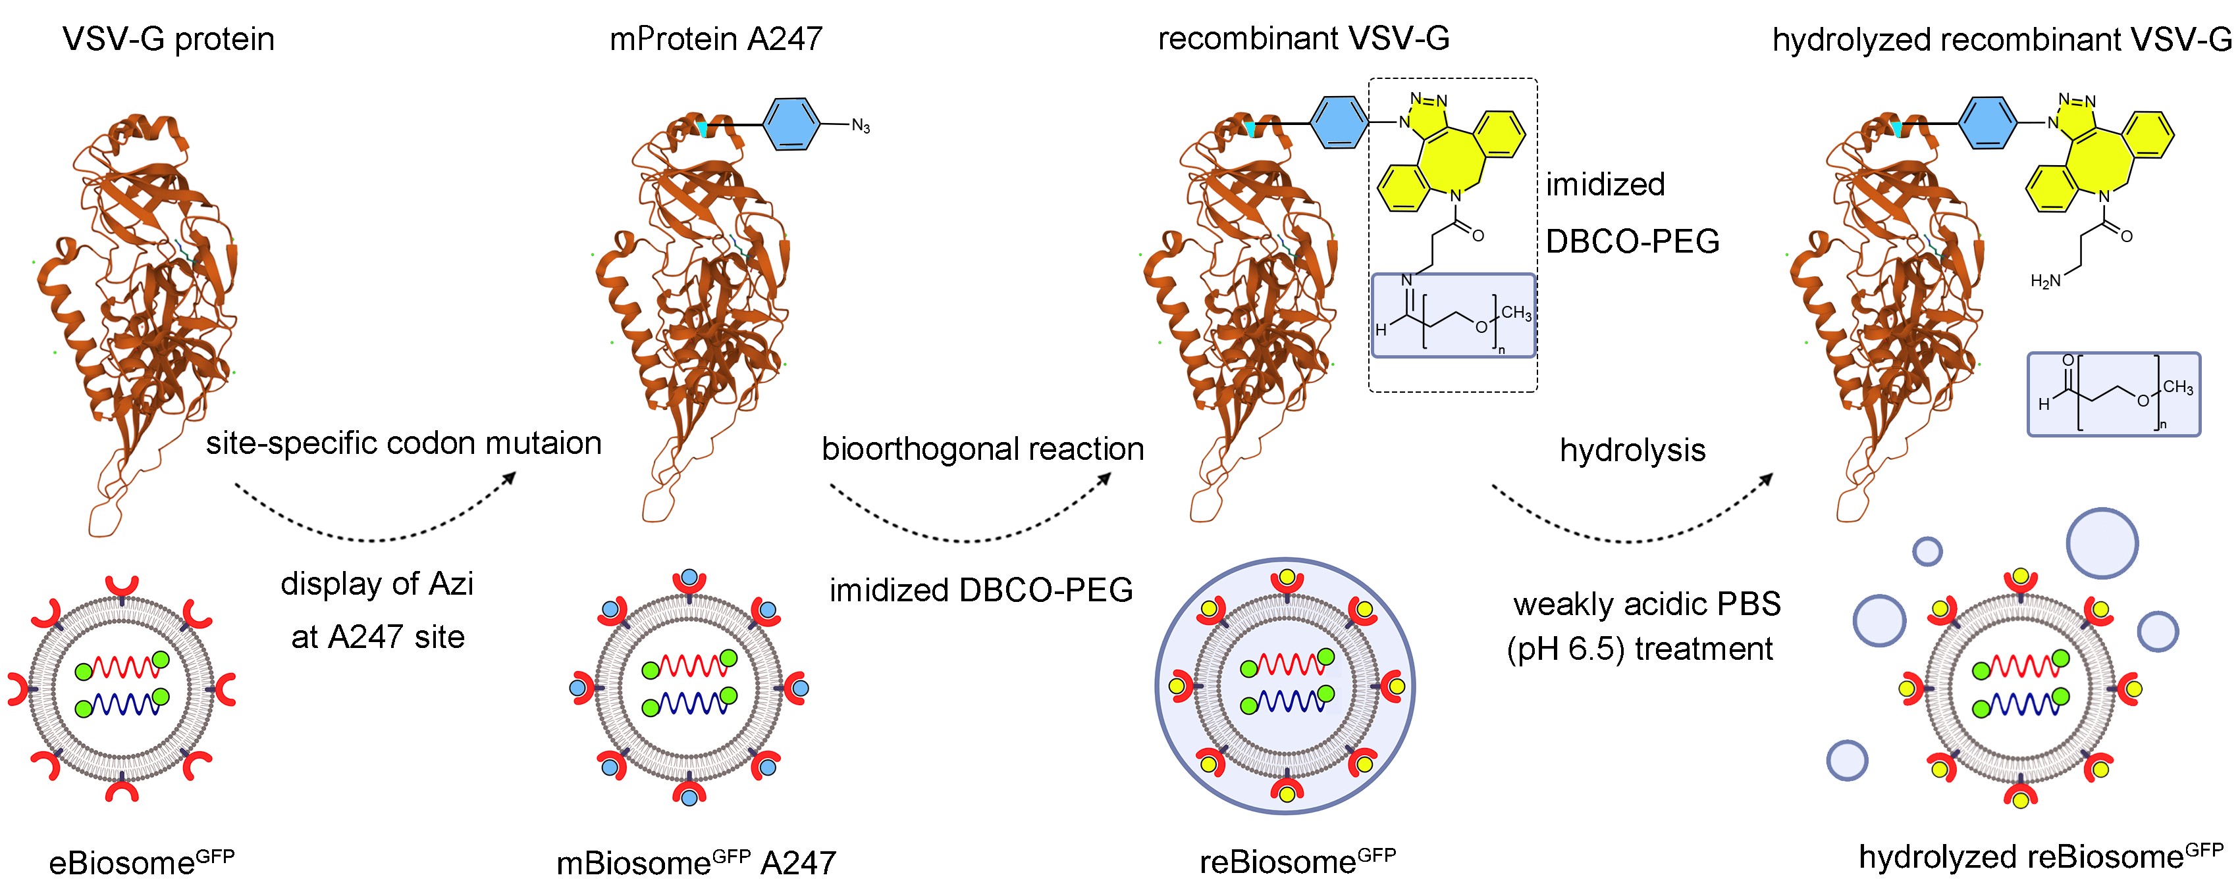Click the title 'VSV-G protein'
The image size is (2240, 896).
pos(168,39)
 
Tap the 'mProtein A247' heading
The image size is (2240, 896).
pos(715,39)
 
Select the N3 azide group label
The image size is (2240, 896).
pos(860,126)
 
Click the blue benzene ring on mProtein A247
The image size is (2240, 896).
pos(791,124)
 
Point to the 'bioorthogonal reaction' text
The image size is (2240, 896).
pos(982,449)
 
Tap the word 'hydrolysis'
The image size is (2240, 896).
pos(1632,450)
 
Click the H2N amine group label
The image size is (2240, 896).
pos(2045,281)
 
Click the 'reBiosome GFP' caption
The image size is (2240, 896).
pos(1297,861)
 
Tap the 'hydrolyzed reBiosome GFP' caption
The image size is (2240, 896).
pos(2040,856)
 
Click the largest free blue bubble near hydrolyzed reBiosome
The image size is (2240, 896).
pos(2101,543)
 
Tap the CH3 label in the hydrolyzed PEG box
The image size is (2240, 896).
pos(2177,387)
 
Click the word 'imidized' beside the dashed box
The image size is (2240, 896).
pos(1605,184)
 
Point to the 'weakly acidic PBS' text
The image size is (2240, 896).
pos(1647,604)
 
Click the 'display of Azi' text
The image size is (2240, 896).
pos(377,583)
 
